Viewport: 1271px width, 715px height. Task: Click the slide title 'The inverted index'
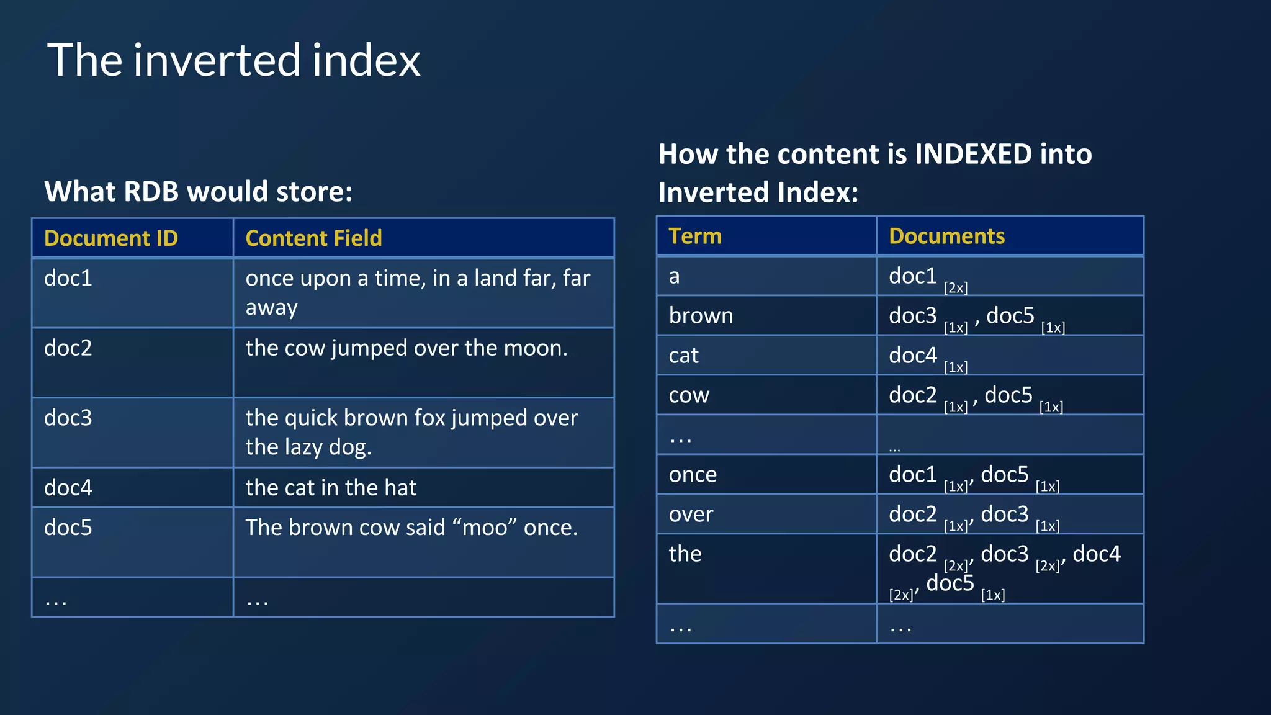click(233, 60)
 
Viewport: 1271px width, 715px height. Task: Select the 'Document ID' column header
click(111, 238)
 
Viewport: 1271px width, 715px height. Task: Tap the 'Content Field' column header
click(313, 238)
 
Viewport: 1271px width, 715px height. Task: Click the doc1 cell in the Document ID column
click(68, 278)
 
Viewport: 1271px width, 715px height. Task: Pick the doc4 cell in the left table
click(68, 488)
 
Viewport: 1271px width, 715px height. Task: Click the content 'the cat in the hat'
click(331, 488)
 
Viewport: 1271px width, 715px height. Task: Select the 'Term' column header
click(695, 236)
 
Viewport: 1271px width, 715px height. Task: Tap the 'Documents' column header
click(946, 236)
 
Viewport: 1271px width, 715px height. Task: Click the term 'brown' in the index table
click(701, 316)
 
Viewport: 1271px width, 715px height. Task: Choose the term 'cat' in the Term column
click(683, 356)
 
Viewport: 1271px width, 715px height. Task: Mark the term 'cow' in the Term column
click(689, 395)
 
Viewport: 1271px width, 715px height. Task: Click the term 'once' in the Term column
click(693, 475)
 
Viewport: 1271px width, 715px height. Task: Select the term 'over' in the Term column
click(691, 515)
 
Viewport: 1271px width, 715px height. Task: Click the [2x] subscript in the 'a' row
click(956, 288)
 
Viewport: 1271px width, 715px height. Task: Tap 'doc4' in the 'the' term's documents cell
click(1097, 554)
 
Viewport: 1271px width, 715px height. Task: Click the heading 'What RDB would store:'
click(199, 191)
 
